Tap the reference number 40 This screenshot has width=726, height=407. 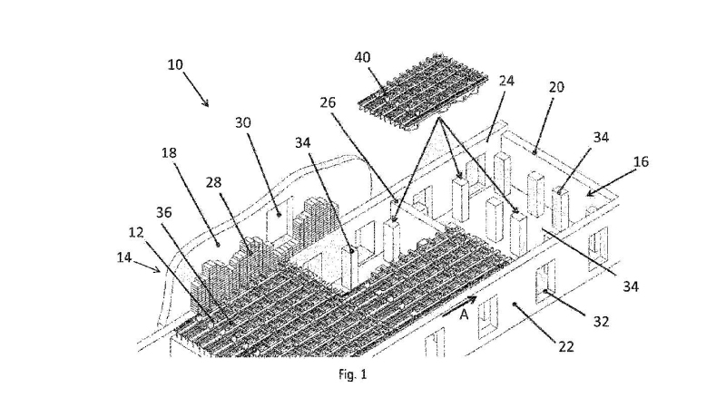(x=362, y=57)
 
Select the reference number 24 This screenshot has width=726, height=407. (x=506, y=81)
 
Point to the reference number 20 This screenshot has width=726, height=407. (x=556, y=87)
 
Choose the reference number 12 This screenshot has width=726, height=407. (x=135, y=233)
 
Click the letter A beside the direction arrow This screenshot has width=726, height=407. (x=465, y=315)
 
